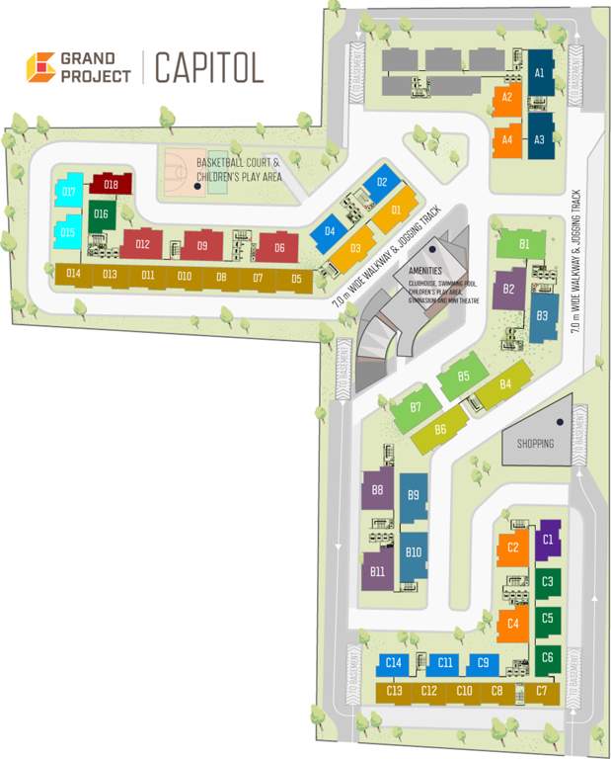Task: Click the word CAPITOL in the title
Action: [209, 68]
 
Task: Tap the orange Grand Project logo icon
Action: [40, 68]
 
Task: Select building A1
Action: [539, 73]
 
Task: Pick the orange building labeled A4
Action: [506, 140]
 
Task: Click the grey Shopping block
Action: [537, 443]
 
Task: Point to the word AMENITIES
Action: [431, 270]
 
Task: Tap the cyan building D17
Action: [67, 192]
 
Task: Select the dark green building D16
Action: [101, 213]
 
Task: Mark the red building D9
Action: [201, 245]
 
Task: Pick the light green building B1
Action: [524, 243]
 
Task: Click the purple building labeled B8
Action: [377, 490]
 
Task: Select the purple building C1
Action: [548, 540]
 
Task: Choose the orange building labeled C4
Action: [512, 624]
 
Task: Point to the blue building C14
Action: [394, 662]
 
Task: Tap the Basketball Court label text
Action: [238, 162]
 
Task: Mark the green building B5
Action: [463, 377]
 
